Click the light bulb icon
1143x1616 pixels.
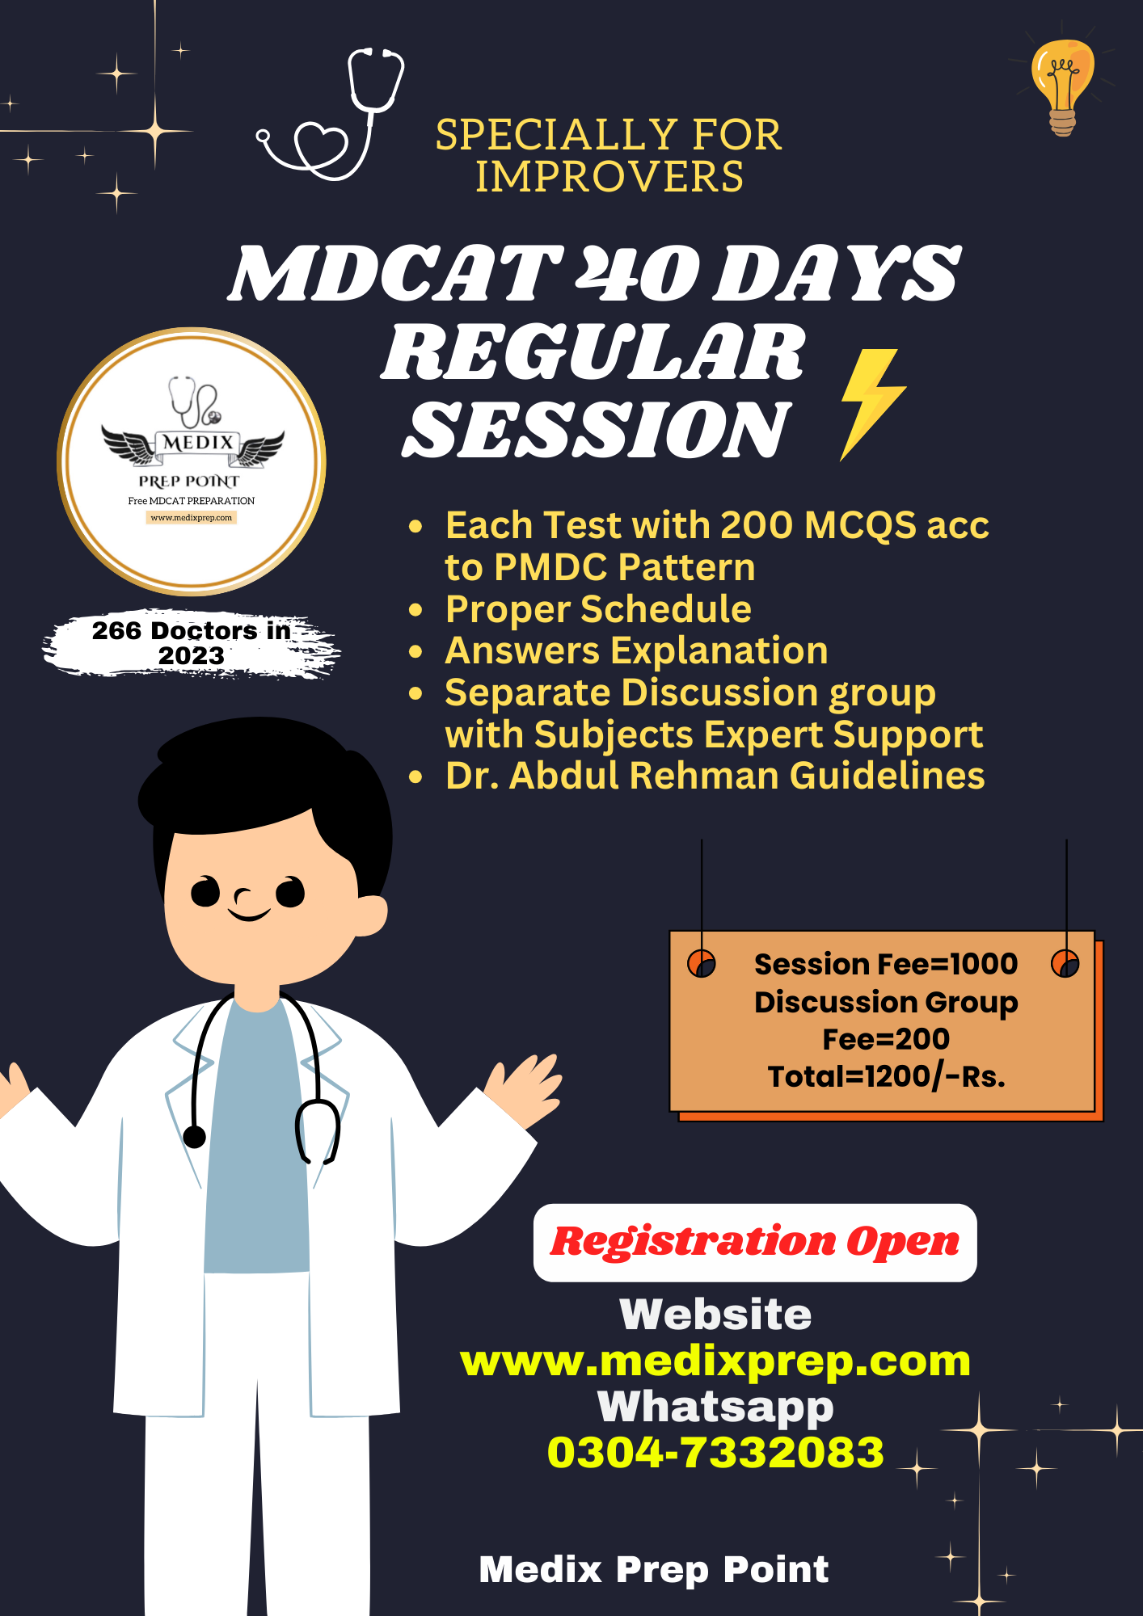[x=1062, y=86]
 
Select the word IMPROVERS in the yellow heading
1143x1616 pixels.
[x=609, y=177]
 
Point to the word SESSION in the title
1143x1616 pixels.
[x=597, y=431]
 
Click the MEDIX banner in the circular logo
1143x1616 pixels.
[x=196, y=443]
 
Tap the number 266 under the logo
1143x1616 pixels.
[x=116, y=630]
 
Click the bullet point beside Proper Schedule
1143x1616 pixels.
[x=416, y=610]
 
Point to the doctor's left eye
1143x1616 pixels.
[x=205, y=892]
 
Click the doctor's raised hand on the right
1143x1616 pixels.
[x=525, y=1087]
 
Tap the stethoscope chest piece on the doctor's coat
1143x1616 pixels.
[x=195, y=1137]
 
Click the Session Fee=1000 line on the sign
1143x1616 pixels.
[x=885, y=964]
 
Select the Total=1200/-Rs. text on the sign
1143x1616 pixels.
[x=886, y=1076]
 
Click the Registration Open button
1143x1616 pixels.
[x=754, y=1242]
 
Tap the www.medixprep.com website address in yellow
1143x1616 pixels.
[x=715, y=1361]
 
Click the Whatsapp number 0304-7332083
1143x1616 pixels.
[x=715, y=1453]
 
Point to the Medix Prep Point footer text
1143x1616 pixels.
[x=653, y=1569]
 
